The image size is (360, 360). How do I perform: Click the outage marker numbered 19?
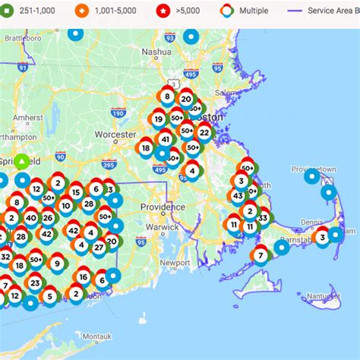[158, 118]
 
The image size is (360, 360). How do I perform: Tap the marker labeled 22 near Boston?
[204, 132]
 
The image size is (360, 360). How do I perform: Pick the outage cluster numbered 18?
[146, 148]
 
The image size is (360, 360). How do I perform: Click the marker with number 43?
[238, 195]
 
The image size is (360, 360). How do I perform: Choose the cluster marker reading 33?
[263, 218]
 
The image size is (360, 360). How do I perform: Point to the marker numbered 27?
[99, 246]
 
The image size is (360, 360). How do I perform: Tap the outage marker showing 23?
[35, 283]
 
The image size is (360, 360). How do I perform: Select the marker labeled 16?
[83, 276]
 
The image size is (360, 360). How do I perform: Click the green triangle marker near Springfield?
[23, 162]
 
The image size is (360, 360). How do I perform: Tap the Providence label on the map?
[163, 207]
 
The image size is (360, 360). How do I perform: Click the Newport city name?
[195, 262]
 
